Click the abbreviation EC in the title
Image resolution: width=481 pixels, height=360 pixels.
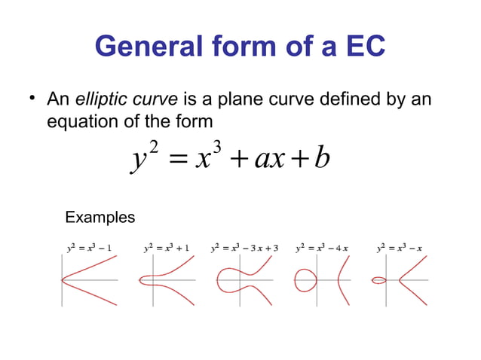(360, 47)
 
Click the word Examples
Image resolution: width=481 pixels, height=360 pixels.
(100, 218)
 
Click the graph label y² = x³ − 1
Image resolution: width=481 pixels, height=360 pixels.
(88, 247)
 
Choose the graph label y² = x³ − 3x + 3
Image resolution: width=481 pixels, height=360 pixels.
(245, 247)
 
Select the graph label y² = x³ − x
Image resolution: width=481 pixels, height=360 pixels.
(399, 247)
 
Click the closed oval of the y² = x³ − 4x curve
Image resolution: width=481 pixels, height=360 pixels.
(307, 280)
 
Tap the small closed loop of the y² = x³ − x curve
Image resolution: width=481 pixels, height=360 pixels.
(379, 280)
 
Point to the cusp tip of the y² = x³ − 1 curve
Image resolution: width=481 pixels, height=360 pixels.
(63, 280)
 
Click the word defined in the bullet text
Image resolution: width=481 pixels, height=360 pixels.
(345, 99)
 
